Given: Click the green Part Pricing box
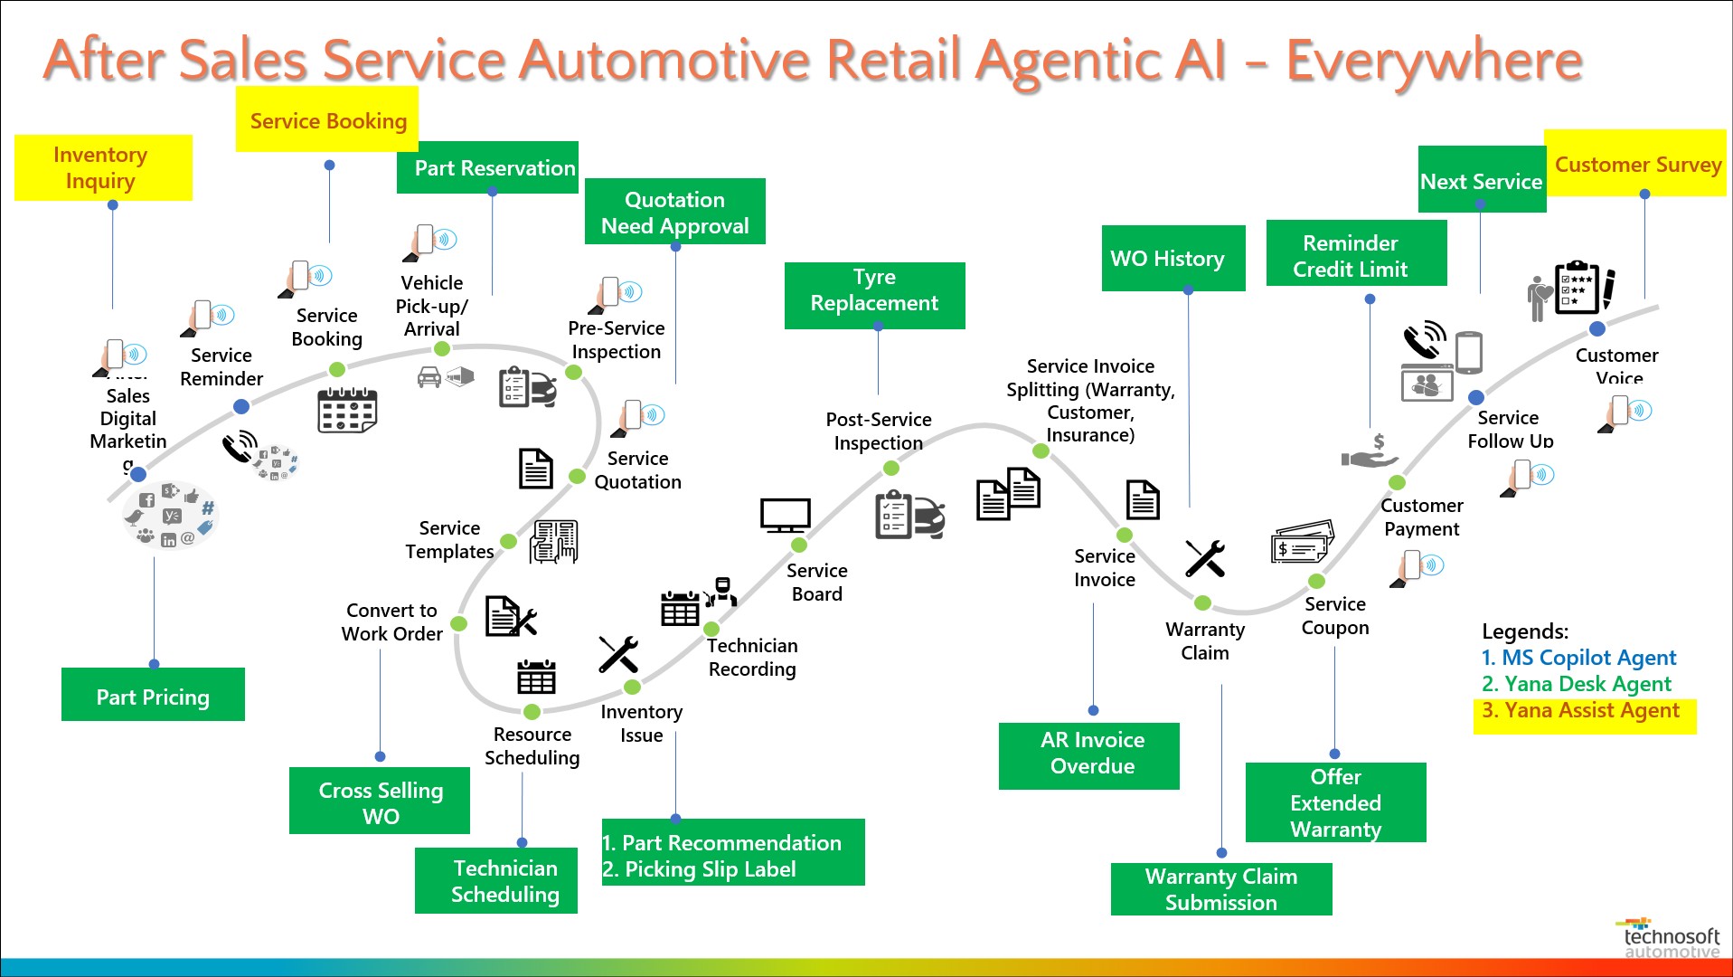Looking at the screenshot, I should (153, 695).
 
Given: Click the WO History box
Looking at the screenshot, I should (1173, 259).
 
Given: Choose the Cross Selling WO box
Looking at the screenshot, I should (380, 802).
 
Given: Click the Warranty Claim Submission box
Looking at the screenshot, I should (1220, 889).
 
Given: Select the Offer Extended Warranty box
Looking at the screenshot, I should (1335, 802).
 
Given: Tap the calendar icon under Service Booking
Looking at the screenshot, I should (347, 411).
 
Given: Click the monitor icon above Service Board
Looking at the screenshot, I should (785, 516).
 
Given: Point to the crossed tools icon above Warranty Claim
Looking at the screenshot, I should (1205, 558).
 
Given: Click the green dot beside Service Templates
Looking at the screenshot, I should (509, 542).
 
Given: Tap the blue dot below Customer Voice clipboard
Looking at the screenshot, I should (1597, 329).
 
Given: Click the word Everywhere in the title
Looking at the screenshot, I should (1434, 61).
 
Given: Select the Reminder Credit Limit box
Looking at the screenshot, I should (1356, 256).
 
